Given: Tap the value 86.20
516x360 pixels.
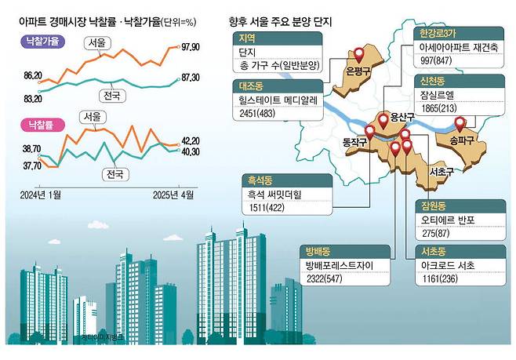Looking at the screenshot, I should [33, 75].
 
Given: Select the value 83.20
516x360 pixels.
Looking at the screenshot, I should [33, 98].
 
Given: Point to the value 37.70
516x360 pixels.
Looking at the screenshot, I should [33, 165].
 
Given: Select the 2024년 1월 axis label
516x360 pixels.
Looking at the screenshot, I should [42, 192].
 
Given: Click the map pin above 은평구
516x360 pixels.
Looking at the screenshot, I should [360, 55].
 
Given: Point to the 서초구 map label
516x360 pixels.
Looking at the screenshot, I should [423, 170].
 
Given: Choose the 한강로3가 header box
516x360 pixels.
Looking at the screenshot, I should [435, 34].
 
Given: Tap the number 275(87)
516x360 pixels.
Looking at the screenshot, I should [434, 235].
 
